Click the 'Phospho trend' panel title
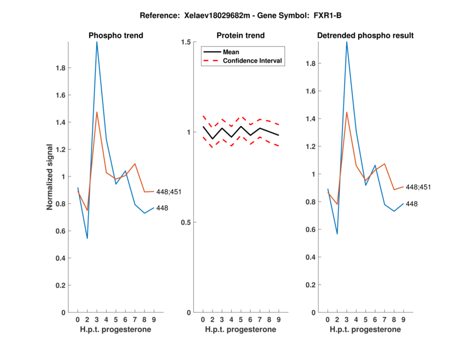(116, 36)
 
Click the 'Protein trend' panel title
(241, 36)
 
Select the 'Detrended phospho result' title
(365, 36)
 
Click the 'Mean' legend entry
(231, 52)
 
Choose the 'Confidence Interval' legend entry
(253, 60)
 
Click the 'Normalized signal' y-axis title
(51, 177)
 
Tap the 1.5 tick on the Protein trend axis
(188, 42)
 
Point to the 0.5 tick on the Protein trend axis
(188, 223)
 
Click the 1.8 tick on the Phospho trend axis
(59, 68)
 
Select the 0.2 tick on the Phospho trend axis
(59, 285)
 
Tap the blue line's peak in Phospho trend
(97, 42)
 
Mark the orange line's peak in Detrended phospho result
(347, 112)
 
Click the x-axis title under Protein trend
(241, 330)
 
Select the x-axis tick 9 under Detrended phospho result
(403, 319)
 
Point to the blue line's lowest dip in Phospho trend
(87, 238)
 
